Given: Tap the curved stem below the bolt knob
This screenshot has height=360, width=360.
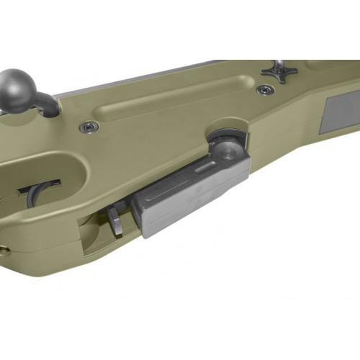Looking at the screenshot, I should pos(48,104).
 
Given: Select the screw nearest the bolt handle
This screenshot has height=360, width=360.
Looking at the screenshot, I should pos(89,127).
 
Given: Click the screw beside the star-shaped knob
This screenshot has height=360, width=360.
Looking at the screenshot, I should pos(266,89).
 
